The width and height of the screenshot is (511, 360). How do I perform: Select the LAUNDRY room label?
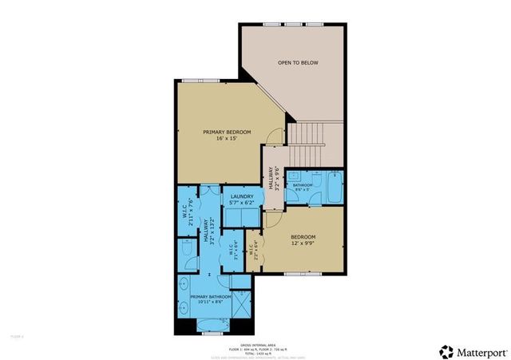242,200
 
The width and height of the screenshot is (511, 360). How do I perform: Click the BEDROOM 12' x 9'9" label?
303,239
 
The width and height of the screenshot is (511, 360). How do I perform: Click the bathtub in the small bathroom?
333,188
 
